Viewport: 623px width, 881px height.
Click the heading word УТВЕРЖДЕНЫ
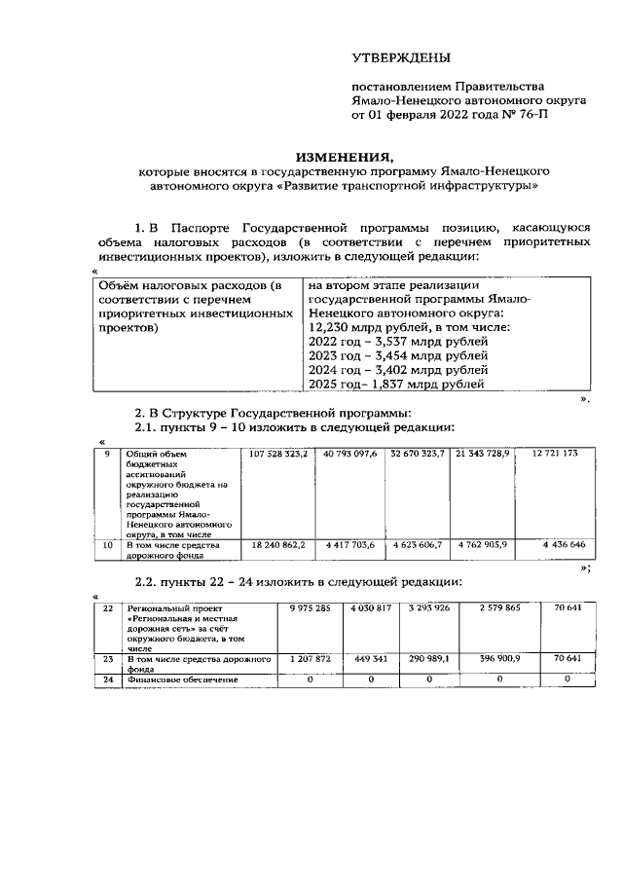coord(400,59)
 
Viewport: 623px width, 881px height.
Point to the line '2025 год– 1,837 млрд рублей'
coord(395,385)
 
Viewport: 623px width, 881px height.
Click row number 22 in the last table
coord(108,607)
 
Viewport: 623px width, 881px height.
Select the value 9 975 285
coord(309,607)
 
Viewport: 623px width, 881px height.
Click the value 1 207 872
coord(309,658)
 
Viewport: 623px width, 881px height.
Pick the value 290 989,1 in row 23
coord(428,658)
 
